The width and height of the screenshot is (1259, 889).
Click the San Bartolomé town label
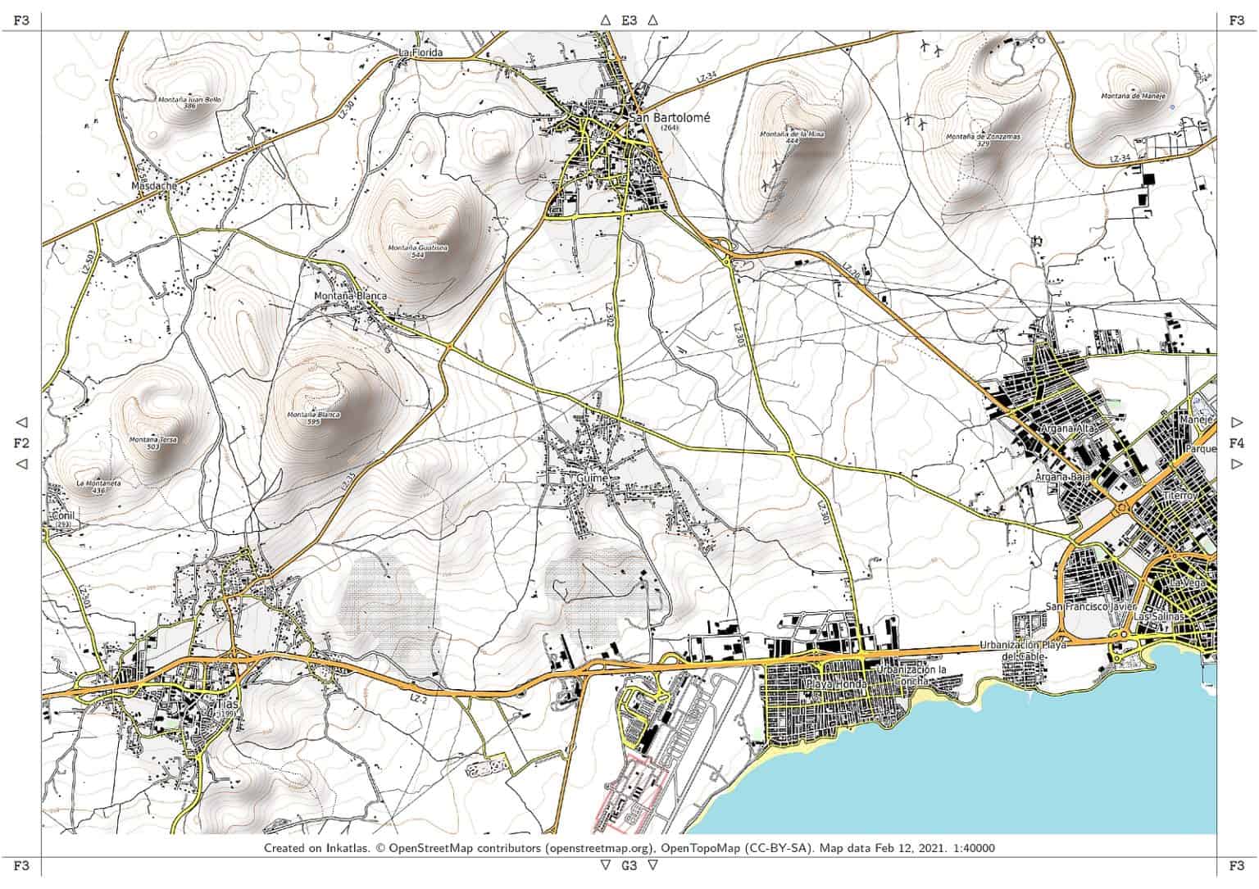[x=670, y=117]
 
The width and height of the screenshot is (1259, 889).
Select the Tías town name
[x=226, y=704]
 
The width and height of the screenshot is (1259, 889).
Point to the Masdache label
[x=153, y=186]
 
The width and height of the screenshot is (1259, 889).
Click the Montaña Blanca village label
[x=350, y=296]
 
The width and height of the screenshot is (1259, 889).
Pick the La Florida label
[x=420, y=52]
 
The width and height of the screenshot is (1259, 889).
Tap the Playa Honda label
[x=836, y=683]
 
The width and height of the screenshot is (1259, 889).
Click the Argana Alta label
[x=1063, y=429]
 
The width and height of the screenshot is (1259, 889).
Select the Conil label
[x=62, y=515]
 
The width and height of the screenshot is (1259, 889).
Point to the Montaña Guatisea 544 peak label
[x=418, y=251]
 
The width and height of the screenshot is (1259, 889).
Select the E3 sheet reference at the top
[x=629, y=20]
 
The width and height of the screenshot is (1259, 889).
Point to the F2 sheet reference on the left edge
[x=21, y=443]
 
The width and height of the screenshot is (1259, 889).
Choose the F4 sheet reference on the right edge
[x=1237, y=443]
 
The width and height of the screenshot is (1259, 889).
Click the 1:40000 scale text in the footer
[x=971, y=848]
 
